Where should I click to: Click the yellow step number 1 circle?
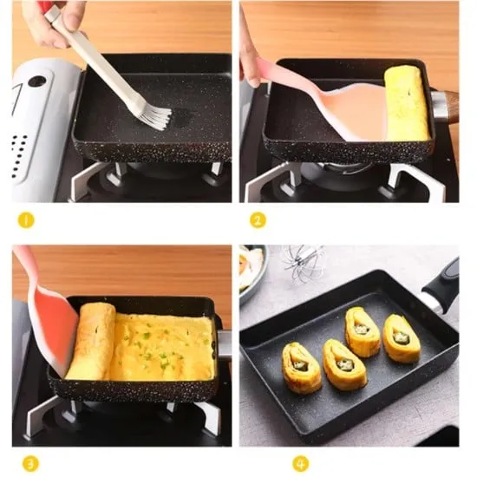pos(26,220)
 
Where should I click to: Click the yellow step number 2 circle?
pos(258,220)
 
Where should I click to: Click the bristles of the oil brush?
pos(154,114)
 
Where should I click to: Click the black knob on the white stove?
pos(36,82)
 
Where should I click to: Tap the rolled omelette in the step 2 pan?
pos(406,102)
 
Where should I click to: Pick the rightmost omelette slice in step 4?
pos(401,337)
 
